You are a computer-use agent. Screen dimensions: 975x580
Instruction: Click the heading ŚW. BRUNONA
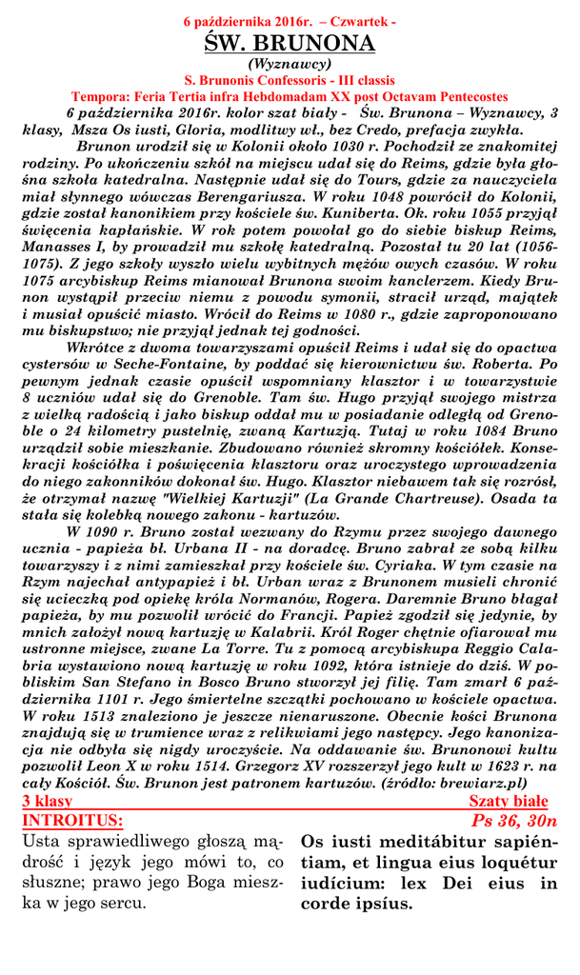(x=290, y=44)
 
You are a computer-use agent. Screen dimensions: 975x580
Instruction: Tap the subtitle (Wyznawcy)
(x=290, y=65)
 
